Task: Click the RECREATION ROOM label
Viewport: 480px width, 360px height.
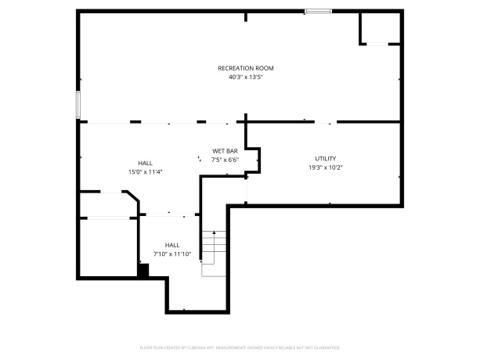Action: coord(245,68)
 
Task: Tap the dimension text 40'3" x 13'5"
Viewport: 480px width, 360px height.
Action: coord(245,77)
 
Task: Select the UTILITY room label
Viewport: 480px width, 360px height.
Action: coord(325,158)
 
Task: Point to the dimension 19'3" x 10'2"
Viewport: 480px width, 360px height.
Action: coord(325,167)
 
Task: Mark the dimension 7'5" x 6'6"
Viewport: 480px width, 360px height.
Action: coord(224,160)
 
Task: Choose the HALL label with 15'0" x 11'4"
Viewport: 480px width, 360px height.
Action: coord(145,163)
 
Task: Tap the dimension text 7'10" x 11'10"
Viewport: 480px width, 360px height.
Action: coord(171,254)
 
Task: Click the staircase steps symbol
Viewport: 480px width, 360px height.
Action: coord(213,250)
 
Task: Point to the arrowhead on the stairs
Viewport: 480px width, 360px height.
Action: coord(214,232)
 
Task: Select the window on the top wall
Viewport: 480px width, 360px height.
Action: coord(316,11)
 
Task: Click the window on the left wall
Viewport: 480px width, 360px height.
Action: coord(78,105)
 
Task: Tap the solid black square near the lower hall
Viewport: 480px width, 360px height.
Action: coord(143,271)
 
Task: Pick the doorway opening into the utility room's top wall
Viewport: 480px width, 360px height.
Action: coord(326,121)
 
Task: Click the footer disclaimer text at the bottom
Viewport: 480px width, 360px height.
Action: coord(240,347)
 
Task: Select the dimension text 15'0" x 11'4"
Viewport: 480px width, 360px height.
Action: coord(145,172)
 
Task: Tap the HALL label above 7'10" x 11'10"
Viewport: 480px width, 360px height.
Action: coord(171,244)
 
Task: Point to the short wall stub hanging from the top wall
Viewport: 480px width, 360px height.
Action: coord(246,16)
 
